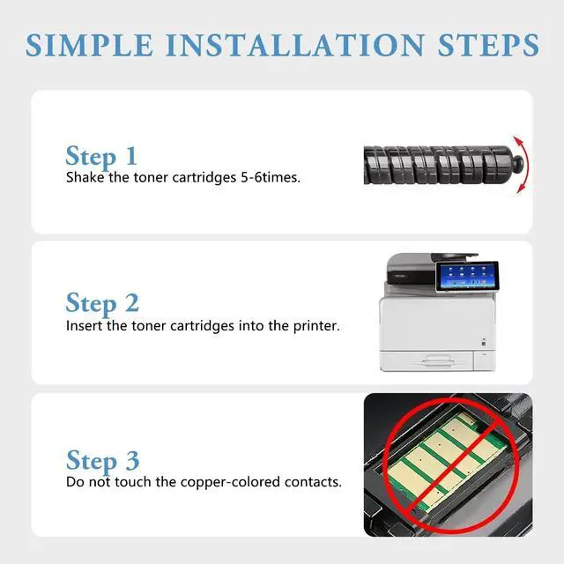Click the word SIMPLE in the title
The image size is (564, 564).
[90, 45]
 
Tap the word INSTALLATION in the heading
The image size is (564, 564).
[295, 45]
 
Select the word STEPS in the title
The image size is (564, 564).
[488, 45]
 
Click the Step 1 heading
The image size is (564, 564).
[101, 157]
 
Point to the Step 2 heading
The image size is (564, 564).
[102, 303]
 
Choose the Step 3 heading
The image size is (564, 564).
[103, 460]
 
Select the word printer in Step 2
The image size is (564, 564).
[316, 327]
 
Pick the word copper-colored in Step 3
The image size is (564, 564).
[230, 482]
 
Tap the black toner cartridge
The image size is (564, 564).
[443, 165]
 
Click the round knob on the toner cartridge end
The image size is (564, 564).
[517, 164]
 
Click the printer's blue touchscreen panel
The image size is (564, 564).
[467, 276]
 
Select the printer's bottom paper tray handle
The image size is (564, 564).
[437, 360]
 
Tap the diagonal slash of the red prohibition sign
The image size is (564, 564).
[452, 465]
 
